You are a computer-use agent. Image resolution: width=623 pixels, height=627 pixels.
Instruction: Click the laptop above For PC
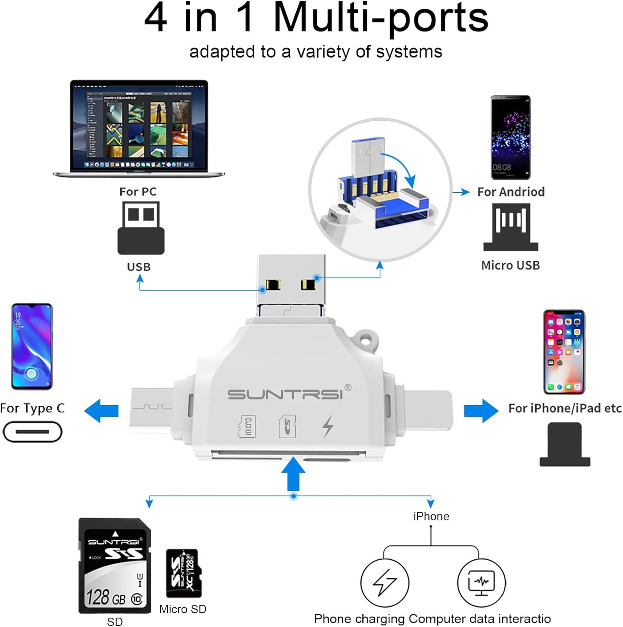[139, 128]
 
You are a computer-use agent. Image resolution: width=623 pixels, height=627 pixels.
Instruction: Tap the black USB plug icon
[141, 228]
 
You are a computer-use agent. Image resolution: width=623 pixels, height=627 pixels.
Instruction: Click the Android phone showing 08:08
[511, 137]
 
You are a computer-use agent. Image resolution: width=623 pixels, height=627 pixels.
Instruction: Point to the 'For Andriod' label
[511, 192]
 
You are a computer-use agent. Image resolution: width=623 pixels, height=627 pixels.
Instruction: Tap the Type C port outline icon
[33, 432]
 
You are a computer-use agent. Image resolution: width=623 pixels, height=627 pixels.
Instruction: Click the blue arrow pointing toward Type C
[102, 411]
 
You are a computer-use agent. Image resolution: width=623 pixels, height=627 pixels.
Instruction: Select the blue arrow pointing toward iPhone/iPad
[481, 411]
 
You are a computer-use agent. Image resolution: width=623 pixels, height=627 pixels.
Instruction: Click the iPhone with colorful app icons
[564, 351]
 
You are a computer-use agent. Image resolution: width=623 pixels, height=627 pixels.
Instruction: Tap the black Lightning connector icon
[565, 445]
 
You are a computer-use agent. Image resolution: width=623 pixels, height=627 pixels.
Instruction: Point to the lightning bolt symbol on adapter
[328, 426]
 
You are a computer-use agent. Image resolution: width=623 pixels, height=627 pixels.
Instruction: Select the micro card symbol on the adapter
[247, 426]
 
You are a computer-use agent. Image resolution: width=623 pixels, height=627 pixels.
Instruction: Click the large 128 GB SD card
[115, 566]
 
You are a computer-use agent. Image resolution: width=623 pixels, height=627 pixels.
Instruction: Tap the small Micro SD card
[184, 573]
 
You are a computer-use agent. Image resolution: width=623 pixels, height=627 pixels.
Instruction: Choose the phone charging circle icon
[385, 583]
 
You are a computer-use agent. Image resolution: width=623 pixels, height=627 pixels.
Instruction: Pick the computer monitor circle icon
[481, 583]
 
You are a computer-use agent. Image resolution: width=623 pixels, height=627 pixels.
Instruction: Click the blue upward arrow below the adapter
[293, 473]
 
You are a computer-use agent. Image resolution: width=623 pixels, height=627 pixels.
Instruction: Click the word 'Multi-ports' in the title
[381, 18]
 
